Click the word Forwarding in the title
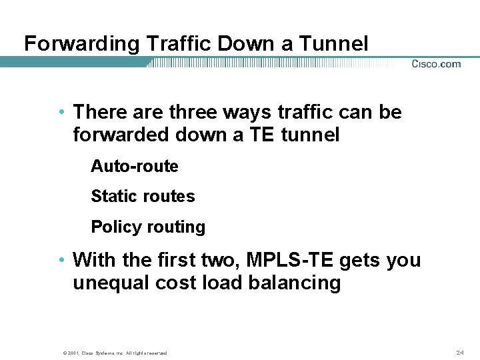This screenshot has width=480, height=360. click(x=81, y=45)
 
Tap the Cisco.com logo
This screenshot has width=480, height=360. click(x=436, y=64)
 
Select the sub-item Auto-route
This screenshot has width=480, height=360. click(x=135, y=166)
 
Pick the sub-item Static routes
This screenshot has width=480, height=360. click(x=143, y=197)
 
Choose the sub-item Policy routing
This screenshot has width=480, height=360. click(x=148, y=227)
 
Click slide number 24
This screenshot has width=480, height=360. click(x=459, y=351)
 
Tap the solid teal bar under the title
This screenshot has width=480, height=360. click(x=73, y=62)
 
